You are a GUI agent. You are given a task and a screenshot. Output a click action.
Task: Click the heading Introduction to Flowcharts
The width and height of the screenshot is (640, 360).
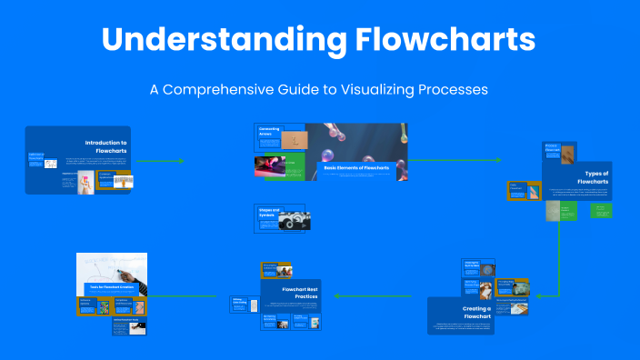pos(105,147)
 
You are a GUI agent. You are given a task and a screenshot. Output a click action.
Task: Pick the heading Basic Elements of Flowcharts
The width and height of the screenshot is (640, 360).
pos(356,168)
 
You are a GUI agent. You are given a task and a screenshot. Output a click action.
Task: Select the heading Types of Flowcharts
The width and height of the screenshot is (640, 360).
pos(596,177)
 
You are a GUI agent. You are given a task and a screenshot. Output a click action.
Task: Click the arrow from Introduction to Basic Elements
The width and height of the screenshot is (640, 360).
pos(159,161)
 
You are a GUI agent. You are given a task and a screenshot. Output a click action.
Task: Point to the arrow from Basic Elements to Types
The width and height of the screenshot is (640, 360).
pos(455,160)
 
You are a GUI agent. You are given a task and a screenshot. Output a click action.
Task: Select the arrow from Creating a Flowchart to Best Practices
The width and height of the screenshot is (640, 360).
pos(377,295)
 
